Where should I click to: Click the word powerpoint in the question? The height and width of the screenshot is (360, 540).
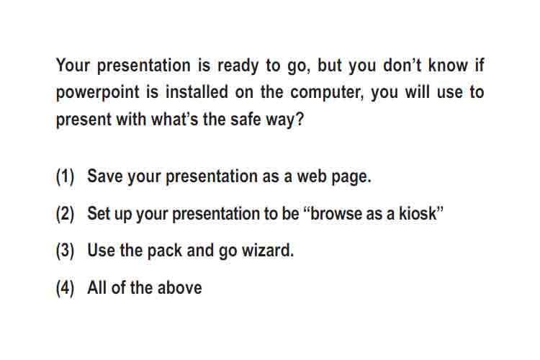pyautogui.click(x=97, y=93)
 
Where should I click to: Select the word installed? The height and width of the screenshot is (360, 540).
pyautogui.click(x=197, y=91)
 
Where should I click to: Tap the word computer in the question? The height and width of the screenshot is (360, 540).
pyautogui.click(x=327, y=93)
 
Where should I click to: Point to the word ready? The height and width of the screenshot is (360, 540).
pyautogui.click(x=238, y=66)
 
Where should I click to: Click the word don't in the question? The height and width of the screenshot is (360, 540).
pyautogui.click(x=402, y=65)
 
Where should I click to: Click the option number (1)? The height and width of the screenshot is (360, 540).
pyautogui.click(x=65, y=176)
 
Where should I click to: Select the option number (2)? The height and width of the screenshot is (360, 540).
pyautogui.click(x=65, y=214)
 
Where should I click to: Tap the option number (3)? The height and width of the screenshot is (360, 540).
pyautogui.click(x=65, y=251)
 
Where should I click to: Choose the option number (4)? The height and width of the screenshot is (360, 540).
pyautogui.click(x=65, y=288)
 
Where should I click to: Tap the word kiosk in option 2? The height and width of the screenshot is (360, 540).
pyautogui.click(x=418, y=213)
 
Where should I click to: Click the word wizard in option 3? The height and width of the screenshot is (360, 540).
pyautogui.click(x=268, y=251)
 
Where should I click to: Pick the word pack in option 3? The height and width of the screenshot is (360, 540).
pyautogui.click(x=164, y=251)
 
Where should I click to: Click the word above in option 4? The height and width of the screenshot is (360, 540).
pyautogui.click(x=179, y=288)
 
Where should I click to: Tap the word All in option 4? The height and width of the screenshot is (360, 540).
pyautogui.click(x=97, y=288)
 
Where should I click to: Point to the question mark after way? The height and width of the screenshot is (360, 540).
pyautogui.click(x=300, y=119)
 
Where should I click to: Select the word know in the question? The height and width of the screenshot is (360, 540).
pyautogui.click(x=448, y=65)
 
